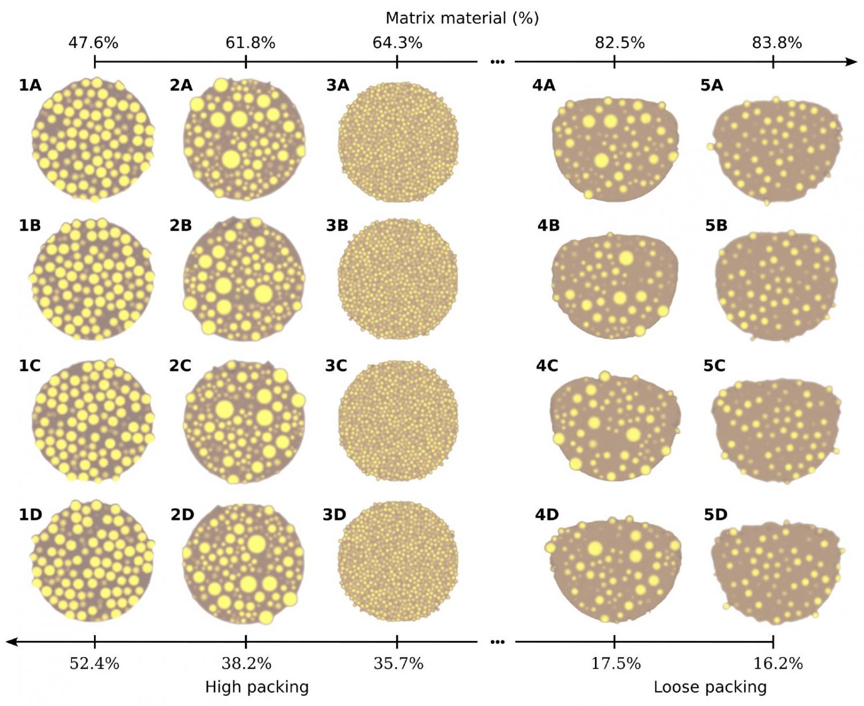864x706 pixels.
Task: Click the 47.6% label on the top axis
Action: [x=93, y=43]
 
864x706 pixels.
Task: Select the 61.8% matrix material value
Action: [x=250, y=43]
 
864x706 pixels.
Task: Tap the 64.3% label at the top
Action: [x=397, y=43]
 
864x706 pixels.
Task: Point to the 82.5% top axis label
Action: [x=620, y=43]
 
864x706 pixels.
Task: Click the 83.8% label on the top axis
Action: [x=776, y=43]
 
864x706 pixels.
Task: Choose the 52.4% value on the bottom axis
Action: [x=94, y=663]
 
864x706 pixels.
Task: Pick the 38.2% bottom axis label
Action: [x=247, y=663]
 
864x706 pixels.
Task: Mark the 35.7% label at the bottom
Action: [x=399, y=663]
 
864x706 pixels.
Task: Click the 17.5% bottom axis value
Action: [x=616, y=663]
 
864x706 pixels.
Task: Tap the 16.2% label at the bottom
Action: [x=778, y=663]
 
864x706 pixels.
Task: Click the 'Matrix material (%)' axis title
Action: [x=462, y=18]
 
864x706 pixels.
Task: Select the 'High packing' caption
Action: [x=257, y=687]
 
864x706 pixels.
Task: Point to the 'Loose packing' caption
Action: [x=710, y=687]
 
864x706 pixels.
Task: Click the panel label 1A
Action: [x=30, y=85]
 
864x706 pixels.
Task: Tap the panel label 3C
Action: [x=336, y=366]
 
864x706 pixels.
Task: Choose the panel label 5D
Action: [x=715, y=515]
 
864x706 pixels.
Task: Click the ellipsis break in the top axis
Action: [x=497, y=62]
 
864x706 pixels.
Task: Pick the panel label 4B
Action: [x=548, y=225]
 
